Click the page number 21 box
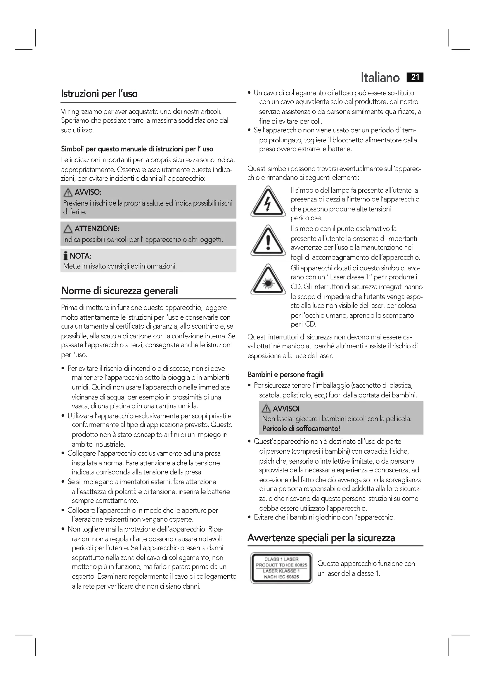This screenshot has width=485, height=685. pyautogui.click(x=415, y=78)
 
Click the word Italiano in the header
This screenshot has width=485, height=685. pyautogui.click(x=380, y=78)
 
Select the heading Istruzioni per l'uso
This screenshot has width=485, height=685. pyautogui.click(x=99, y=94)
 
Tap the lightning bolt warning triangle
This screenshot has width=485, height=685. pyautogui.click(x=268, y=202)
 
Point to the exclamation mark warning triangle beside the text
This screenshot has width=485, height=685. pyautogui.click(x=268, y=241)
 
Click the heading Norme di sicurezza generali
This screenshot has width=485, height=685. pyautogui.click(x=119, y=291)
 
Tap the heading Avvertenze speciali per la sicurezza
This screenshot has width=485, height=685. pyautogui.click(x=321, y=538)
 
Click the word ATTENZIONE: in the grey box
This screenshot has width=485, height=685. pyautogui.click(x=97, y=229)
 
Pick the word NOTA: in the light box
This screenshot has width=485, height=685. pyautogui.click(x=80, y=256)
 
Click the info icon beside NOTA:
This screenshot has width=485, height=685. pyautogui.click(x=66, y=256)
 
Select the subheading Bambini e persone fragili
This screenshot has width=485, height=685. pyautogui.click(x=286, y=375)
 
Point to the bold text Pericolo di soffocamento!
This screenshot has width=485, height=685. pyautogui.click(x=301, y=429)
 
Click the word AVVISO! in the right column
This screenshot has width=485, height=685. pyautogui.click(x=286, y=409)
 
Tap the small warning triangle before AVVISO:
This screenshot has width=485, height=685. pyautogui.click(x=68, y=193)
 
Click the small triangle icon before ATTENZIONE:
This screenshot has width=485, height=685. pyautogui.click(x=68, y=229)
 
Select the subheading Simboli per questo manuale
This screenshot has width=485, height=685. pyautogui.click(x=137, y=149)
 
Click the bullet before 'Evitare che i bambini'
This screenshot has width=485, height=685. pyautogui.click(x=249, y=517)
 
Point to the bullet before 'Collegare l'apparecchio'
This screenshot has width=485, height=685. pyautogui.click(x=63, y=454)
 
